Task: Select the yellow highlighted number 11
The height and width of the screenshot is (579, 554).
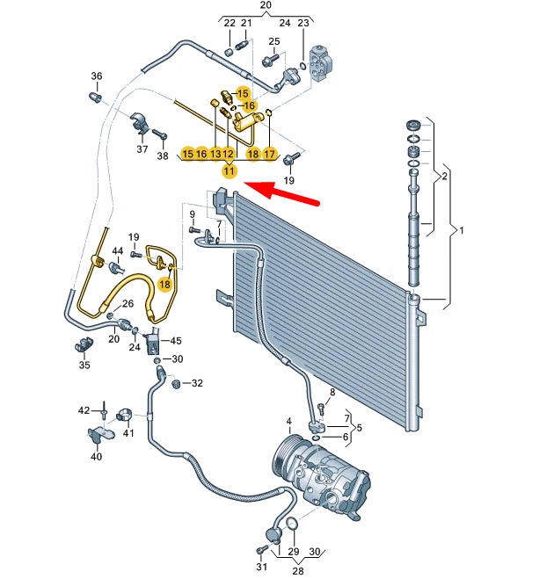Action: click(229, 171)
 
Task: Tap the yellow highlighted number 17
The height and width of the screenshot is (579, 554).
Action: click(270, 155)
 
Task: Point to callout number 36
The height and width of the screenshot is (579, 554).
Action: click(97, 76)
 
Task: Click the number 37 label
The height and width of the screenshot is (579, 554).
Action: click(142, 149)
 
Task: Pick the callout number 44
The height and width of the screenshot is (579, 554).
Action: click(118, 252)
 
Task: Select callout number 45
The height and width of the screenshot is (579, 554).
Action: click(175, 341)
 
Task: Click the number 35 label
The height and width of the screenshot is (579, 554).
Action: click(84, 365)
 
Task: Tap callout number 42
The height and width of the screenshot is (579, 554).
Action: click(84, 410)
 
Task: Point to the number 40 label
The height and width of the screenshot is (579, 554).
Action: click(97, 456)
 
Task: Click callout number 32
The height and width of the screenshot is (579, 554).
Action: click(197, 383)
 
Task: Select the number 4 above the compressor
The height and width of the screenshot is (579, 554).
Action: click(288, 423)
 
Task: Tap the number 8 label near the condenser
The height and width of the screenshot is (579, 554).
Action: click(332, 392)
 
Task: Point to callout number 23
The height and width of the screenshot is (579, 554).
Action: click(303, 23)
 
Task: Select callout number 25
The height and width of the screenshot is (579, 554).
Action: click(274, 41)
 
